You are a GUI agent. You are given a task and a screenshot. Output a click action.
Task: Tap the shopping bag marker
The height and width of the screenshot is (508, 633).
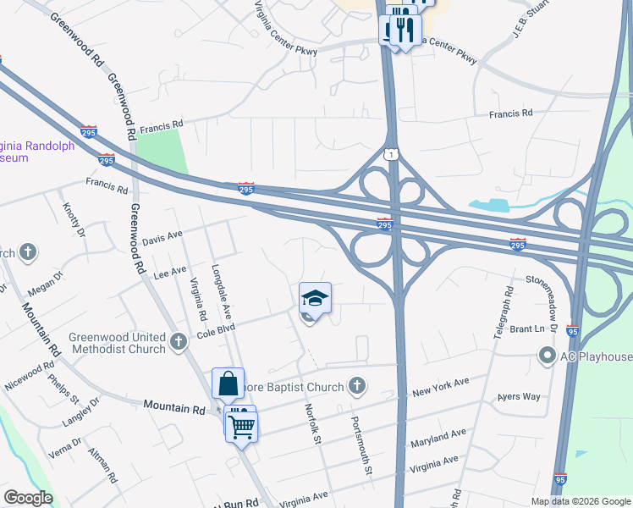(228, 384)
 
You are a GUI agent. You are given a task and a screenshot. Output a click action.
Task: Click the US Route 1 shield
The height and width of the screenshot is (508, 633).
(390, 153)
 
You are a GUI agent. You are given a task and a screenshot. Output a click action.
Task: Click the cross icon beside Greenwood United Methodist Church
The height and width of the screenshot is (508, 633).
(178, 341)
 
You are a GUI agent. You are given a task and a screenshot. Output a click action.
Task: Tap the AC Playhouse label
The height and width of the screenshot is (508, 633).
(596, 356)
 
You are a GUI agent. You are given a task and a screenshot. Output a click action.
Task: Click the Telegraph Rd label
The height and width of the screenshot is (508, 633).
(504, 309)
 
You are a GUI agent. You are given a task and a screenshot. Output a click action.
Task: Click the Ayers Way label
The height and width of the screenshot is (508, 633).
(519, 397)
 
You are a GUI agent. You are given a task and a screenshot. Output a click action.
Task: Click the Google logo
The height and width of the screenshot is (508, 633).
(28, 499)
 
